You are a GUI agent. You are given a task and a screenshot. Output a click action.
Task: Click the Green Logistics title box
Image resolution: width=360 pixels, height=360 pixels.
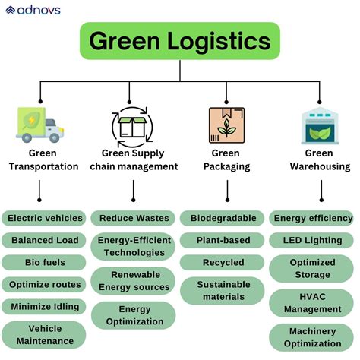tap(179, 41)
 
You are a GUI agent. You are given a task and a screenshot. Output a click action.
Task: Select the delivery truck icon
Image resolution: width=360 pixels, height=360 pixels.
tap(40, 125)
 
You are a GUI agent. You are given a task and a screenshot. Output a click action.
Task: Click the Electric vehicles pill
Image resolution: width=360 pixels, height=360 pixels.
tap(44, 218)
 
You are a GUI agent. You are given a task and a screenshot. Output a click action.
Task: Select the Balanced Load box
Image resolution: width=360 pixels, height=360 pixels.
tap(44, 240)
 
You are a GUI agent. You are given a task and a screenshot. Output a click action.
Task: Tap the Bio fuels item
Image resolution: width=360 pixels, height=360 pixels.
tap(44, 262)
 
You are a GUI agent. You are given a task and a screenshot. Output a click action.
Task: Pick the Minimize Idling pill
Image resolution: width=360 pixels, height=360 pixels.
tap(44, 306)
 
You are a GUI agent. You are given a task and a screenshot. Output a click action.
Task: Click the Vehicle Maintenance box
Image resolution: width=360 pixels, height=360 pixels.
tap(44, 335)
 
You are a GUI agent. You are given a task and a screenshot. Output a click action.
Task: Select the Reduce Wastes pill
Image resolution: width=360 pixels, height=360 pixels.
tap(134, 218)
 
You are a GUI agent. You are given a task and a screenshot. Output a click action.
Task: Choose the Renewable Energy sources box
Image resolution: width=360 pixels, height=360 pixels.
tap(134, 281)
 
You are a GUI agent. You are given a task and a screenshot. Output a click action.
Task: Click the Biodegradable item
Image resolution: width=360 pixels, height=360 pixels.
tap(223, 218)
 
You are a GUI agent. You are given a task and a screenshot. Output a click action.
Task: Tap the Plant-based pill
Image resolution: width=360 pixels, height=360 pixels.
tap(223, 240)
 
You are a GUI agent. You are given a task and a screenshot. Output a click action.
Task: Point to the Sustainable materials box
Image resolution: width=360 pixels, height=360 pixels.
tap(223, 291)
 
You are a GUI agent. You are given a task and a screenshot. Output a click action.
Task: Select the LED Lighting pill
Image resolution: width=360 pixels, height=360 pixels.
tap(312, 240)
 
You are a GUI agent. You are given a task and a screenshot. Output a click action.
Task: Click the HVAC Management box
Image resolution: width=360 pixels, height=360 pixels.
tap(312, 303)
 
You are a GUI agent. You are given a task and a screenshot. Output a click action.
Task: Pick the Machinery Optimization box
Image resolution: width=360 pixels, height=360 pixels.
tap(312, 337)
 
